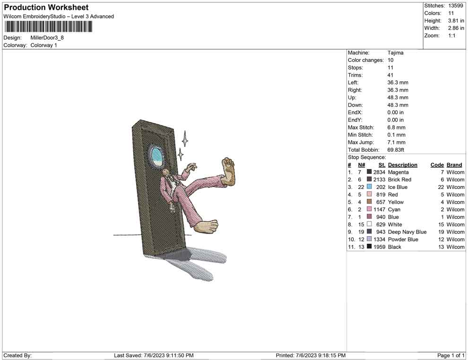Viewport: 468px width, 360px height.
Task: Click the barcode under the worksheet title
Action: tap(48, 27)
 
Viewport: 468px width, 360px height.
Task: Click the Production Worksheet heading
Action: tap(46, 8)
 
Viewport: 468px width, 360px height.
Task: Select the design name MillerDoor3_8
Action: tap(47, 38)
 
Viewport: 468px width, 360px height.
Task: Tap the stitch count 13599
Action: tap(455, 6)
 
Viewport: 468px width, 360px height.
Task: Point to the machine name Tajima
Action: tap(396, 53)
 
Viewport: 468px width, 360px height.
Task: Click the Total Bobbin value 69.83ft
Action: tap(396, 150)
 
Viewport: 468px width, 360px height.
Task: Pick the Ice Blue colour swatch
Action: tap(369, 187)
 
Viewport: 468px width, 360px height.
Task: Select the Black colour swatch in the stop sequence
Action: tap(369, 247)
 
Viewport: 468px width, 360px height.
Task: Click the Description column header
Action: tap(403, 165)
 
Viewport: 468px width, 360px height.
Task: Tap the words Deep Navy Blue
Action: tap(407, 232)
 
